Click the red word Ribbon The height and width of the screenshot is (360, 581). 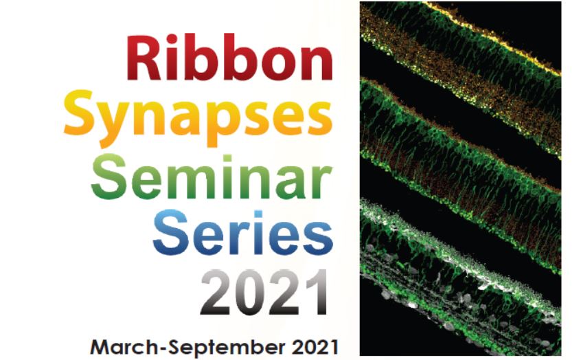pos(230,57)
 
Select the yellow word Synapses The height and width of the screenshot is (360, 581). pos(198,117)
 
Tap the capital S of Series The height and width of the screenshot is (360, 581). pos(171,233)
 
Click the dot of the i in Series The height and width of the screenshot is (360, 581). pos(258,214)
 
